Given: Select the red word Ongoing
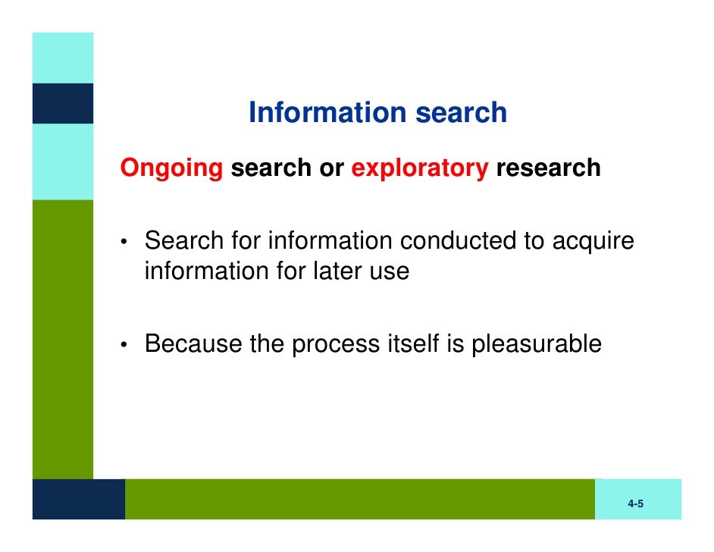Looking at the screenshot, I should coord(172,168).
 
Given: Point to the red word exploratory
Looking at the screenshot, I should coord(419,168).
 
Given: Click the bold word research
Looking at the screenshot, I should coord(548,168).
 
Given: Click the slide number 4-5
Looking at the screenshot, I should coord(635,504).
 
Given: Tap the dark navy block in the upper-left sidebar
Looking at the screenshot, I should coord(62,103).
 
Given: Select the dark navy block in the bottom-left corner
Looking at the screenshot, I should coord(78,499).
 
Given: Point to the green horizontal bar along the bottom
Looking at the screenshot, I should coord(360,499).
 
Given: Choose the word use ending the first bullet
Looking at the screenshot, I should coord(388,271).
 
